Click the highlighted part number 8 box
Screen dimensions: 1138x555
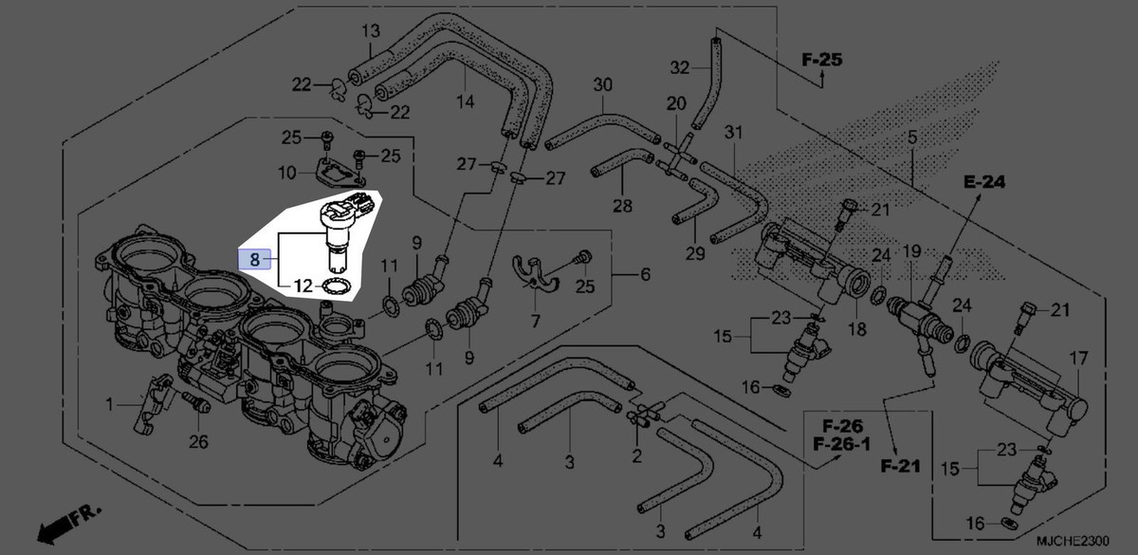254,259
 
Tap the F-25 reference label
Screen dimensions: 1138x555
822,60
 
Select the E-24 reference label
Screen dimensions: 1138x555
984,181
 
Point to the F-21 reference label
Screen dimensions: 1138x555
900,466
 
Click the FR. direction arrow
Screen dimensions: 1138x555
69,525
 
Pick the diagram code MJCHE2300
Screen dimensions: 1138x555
1073,541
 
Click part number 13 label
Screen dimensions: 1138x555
371,31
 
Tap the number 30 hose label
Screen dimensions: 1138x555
603,84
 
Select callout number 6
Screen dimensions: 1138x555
645,274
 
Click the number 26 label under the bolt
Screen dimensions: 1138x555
198,442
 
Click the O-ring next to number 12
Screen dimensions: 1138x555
335,287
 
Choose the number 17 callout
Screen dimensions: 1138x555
1078,359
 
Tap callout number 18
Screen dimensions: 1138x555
857,329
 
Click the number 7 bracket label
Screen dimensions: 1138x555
536,321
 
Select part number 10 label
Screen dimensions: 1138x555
287,173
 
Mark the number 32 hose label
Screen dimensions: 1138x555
680,67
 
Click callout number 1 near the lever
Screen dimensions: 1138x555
109,404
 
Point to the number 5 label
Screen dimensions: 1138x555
912,138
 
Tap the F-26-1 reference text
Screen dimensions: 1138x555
842,444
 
